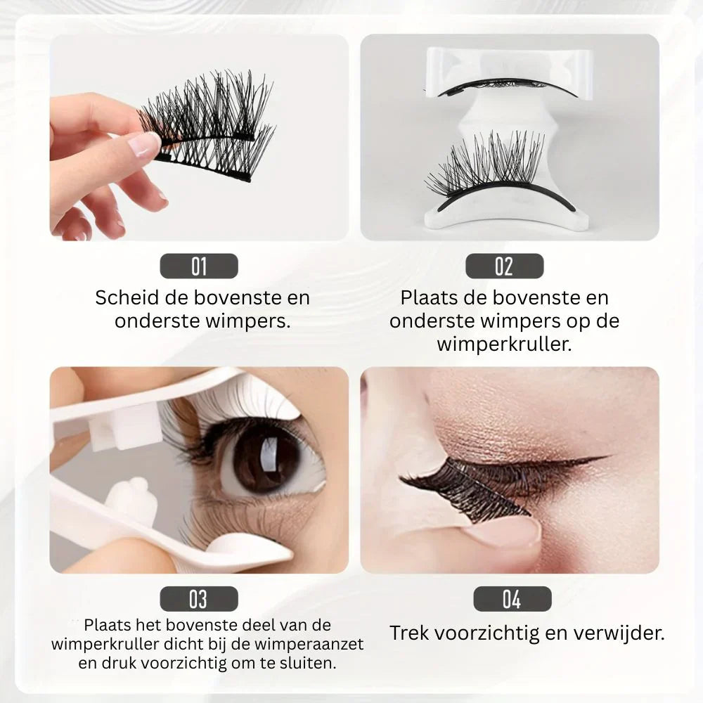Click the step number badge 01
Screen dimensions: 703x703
pos(199,266)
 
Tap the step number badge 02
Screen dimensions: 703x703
pos(503,266)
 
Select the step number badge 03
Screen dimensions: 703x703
pos(199,599)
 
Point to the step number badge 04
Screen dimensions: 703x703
pos(511,599)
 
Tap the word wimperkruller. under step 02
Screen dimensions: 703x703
pos(505,344)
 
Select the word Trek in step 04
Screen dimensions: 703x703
pos(409,633)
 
